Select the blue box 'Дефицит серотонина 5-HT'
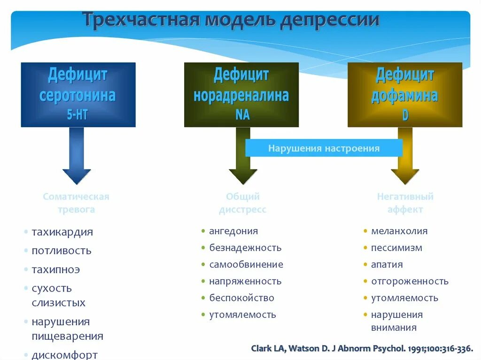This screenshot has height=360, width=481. click(78, 94)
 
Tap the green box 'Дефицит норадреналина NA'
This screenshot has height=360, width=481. click(241, 94)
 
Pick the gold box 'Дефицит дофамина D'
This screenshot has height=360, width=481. click(404, 94)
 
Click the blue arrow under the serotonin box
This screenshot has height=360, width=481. click(77, 157)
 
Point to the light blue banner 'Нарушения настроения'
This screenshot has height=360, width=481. click(324, 148)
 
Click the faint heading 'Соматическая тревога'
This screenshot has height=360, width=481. click(76, 203)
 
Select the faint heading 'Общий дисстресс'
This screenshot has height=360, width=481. click(242, 203)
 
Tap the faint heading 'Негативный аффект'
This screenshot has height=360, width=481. click(405, 203)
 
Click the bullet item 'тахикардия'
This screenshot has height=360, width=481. click(62, 232)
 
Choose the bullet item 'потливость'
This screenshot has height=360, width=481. click(61, 251)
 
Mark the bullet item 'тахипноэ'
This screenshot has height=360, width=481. click(55, 269)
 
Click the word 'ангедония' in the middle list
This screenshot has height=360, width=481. click(233, 231)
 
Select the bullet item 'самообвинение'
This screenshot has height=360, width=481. click(246, 264)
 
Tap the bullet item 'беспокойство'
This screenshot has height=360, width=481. click(241, 298)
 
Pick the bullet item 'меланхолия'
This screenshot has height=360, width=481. click(399, 231)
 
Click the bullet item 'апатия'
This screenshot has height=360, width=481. click(387, 264)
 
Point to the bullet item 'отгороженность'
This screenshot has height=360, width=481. click(410, 281)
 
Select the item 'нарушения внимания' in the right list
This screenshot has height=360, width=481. click(396, 321)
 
